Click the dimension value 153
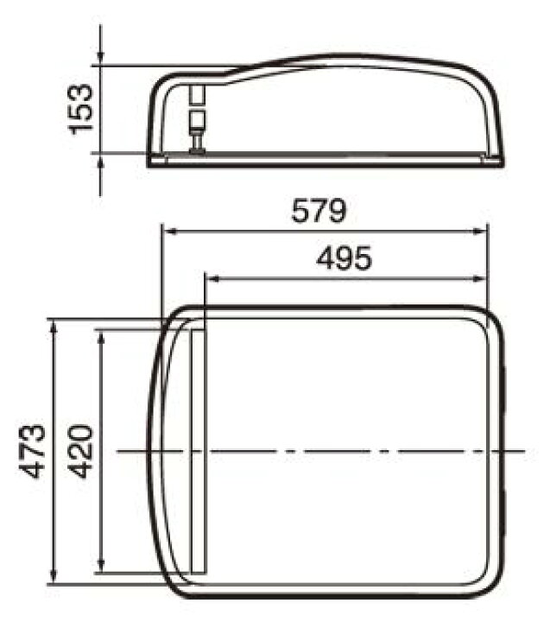click(81, 109)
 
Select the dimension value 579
click(319, 211)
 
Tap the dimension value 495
click(345, 258)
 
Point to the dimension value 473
click(32, 451)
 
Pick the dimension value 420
click(80, 451)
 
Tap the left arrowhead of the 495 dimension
click(213, 279)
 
